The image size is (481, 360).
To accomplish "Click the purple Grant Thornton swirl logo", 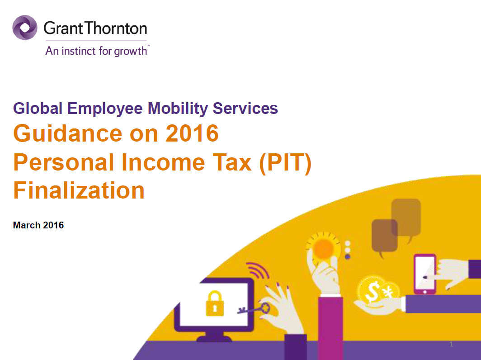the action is tap(25, 28).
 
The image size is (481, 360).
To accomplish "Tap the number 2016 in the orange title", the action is tap(192, 133).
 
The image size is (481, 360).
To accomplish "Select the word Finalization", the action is tap(79, 190).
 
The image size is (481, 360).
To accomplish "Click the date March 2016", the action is tap(38, 225).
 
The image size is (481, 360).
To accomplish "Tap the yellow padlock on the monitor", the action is tap(215, 303).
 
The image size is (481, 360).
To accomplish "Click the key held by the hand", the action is tap(254, 309).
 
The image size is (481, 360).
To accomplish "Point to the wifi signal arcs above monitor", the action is tap(258, 270).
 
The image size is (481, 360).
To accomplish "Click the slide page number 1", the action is tap(451, 344).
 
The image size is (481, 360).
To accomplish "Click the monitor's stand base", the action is tap(214, 338).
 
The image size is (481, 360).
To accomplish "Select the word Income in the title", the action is tap(163, 162).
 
